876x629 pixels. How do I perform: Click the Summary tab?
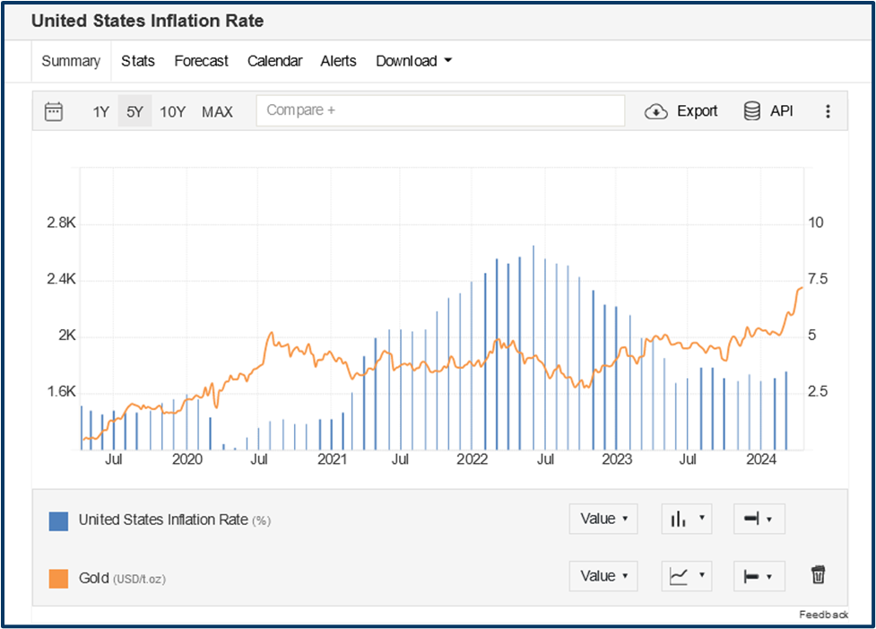(71, 61)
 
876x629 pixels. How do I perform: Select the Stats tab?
(138, 61)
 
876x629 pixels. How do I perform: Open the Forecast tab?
(201, 61)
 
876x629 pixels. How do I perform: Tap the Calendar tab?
(274, 61)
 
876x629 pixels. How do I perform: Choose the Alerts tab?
(338, 61)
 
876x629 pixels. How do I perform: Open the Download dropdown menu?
(413, 61)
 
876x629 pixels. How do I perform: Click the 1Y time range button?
(100, 111)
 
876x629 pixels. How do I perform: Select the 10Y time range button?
(172, 111)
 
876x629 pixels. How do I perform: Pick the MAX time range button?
(217, 111)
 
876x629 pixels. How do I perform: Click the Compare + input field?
(439, 110)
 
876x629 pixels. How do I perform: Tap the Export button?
(681, 111)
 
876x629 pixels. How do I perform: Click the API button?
(768, 111)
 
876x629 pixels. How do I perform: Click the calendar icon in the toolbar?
(54, 111)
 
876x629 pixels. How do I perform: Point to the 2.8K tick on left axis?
(61, 223)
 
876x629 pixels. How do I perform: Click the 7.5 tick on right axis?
(816, 279)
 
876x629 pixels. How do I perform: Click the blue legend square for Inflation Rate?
(58, 520)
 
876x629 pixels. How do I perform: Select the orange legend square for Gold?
(58, 578)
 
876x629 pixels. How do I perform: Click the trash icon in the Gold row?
(818, 575)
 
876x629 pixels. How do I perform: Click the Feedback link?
(823, 615)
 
